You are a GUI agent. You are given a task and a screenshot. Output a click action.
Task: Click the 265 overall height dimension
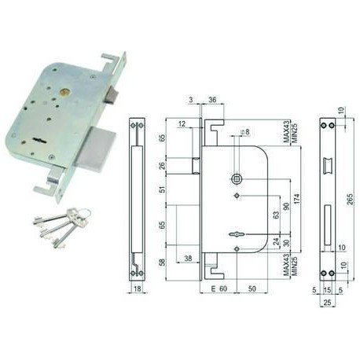coord(350,199)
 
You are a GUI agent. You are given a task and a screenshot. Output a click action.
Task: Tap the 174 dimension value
coord(296,199)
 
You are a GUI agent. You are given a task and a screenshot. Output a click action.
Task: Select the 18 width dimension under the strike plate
coord(138,288)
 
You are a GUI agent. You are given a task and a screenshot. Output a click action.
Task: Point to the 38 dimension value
coord(188,259)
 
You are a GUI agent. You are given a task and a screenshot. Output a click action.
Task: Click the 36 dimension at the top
coord(212,100)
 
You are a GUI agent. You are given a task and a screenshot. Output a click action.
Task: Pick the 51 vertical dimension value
coord(163,189)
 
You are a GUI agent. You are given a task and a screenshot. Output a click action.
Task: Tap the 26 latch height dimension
coord(163,166)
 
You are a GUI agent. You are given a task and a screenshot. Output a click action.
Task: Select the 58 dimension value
coord(163,263)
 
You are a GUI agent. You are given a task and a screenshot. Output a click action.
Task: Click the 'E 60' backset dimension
coord(219,288)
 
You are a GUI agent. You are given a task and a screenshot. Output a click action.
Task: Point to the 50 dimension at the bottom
coord(252,288)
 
